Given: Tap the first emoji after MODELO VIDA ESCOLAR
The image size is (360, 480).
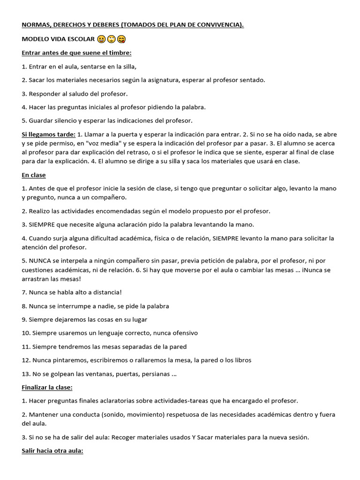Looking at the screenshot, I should (x=102, y=39).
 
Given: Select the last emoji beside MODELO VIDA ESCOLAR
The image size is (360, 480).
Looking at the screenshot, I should (x=121, y=39).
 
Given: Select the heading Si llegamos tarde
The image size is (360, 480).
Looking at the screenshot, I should (x=48, y=135).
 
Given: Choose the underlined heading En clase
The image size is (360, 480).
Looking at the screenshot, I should (x=34, y=175).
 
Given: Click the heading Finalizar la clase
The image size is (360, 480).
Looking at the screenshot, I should (x=47, y=388).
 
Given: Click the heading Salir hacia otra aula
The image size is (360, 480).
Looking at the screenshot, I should (x=52, y=451).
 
